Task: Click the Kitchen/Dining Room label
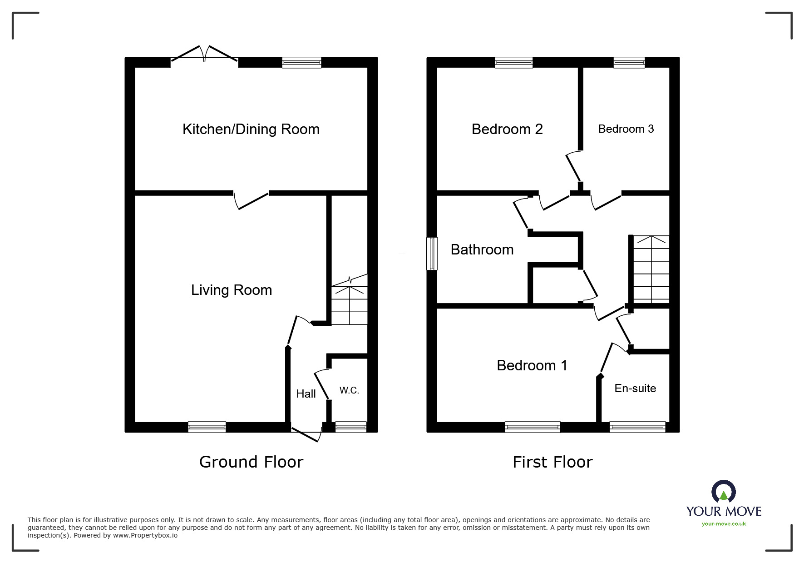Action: pos(251,130)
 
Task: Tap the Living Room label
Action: pos(232,290)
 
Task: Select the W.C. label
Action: pos(349,390)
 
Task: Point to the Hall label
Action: pos(306,394)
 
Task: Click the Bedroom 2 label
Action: pos(507,129)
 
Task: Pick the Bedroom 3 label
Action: pos(626,129)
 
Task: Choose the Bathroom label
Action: pos(482,249)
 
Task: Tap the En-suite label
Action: pos(635,389)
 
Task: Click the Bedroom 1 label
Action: pos(532,365)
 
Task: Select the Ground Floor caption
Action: pos(251,462)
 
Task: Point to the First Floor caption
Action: pos(552,462)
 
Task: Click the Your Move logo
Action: pos(724,503)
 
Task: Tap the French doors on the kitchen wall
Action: pos(204,54)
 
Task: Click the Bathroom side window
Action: pos(432,254)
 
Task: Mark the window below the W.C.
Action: pos(350,427)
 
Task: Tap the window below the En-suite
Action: pos(637,427)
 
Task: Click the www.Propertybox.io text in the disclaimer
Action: pos(145,535)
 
